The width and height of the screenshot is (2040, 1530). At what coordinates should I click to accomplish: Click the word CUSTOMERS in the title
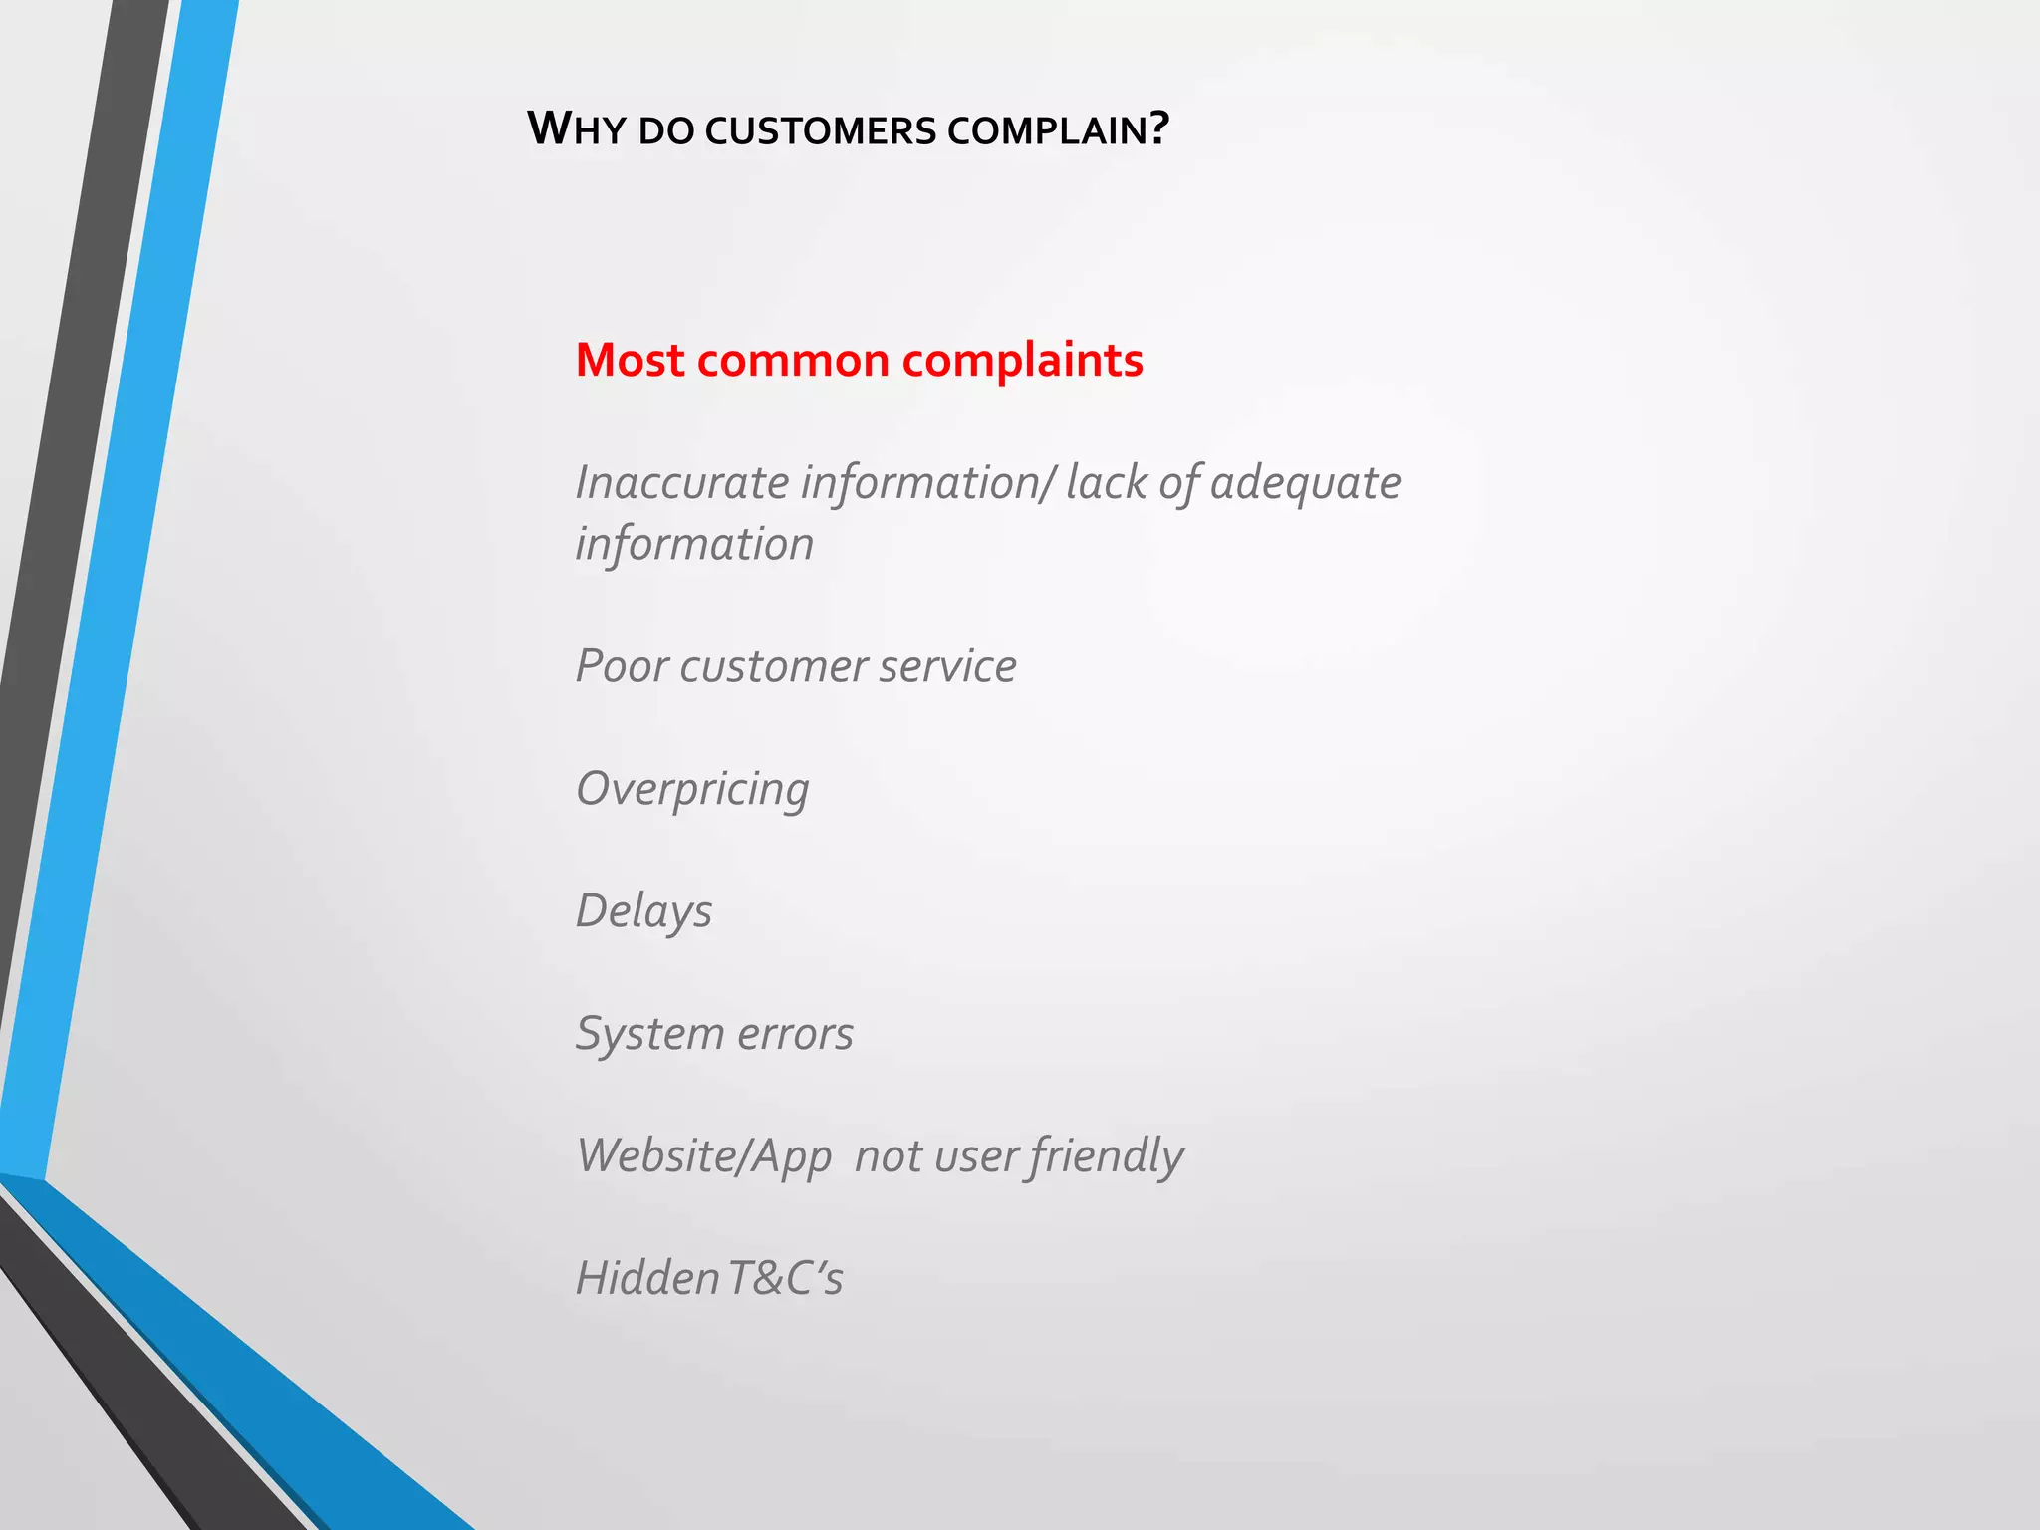click(821, 130)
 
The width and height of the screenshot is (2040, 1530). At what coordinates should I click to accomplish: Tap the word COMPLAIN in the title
click(1047, 130)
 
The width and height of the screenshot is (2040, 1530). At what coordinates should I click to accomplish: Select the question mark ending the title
click(1158, 128)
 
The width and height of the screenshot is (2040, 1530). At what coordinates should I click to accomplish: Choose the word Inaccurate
click(682, 483)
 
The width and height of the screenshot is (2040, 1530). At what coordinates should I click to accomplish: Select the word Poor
click(622, 666)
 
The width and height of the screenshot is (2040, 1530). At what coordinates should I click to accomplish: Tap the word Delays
click(643, 911)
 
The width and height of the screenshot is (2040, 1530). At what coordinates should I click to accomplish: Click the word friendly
click(1107, 1156)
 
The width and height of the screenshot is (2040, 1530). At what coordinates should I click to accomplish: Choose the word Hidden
click(646, 1279)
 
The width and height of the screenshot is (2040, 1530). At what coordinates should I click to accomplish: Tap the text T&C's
click(785, 1279)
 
